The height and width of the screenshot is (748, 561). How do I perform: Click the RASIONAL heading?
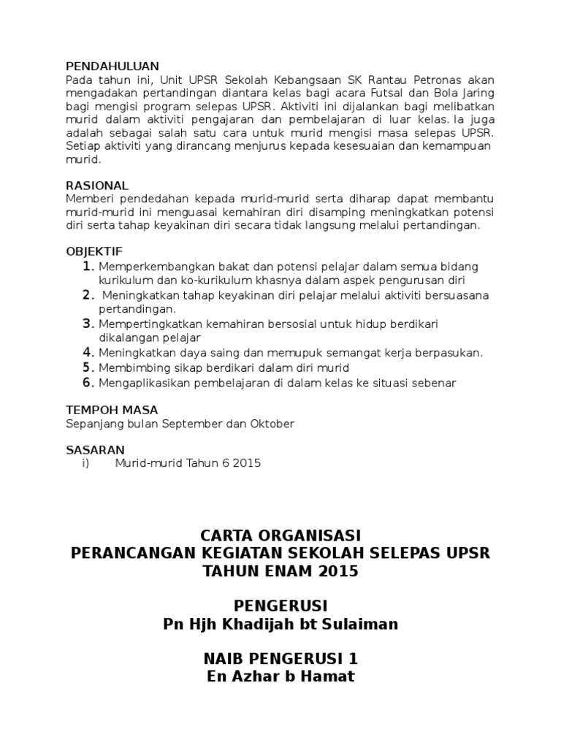(97, 186)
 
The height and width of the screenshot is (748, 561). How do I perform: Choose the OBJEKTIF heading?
(93, 251)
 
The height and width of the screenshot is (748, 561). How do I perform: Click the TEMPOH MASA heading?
(112, 410)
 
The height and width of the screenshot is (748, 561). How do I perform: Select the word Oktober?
(272, 424)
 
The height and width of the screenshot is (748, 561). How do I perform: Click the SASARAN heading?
(95, 449)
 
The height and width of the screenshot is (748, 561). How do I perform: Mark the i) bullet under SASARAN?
(85, 463)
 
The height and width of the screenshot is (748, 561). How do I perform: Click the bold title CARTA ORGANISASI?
(280, 535)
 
